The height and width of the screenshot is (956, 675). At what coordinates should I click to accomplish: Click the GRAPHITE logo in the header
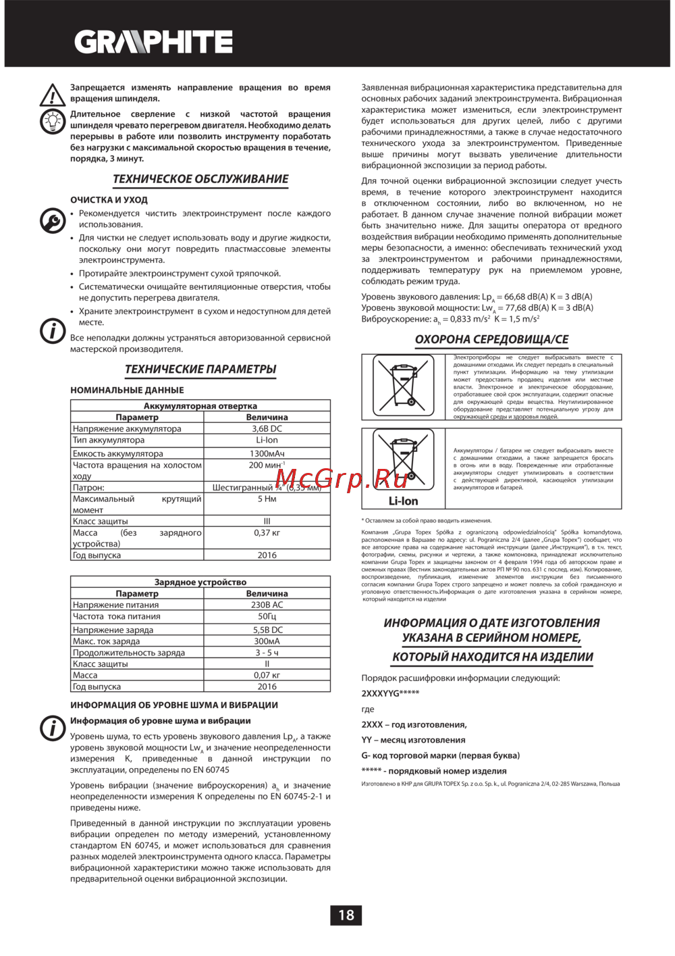coord(153,42)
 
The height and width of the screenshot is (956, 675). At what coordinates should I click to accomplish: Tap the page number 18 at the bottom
coord(346,915)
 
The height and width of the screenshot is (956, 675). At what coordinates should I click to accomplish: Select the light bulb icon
coord(53,122)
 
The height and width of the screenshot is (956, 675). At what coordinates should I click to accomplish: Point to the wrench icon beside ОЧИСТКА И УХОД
coord(53,220)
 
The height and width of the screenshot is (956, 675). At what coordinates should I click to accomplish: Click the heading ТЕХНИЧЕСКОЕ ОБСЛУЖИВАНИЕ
coord(200,179)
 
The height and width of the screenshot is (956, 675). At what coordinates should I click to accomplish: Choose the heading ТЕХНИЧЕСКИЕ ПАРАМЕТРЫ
coord(200,369)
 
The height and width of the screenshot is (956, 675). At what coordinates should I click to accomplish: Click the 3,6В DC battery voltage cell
coord(267,428)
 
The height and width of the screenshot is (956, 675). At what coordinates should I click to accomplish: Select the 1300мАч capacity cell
coord(267,453)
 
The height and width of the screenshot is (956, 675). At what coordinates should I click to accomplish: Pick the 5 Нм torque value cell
coord(267,499)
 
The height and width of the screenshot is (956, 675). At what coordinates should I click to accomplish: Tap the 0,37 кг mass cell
coord(267,532)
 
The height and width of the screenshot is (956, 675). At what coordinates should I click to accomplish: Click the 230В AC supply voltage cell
coord(267,605)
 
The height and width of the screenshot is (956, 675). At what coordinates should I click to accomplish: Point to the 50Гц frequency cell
coord(267,616)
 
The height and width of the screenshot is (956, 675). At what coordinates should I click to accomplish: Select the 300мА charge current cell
coord(267,641)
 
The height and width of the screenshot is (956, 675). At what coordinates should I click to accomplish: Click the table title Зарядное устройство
coord(200,582)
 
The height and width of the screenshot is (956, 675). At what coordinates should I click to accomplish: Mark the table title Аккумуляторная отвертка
coord(200,406)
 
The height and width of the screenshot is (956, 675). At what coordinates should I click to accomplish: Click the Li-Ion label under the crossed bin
coord(403,501)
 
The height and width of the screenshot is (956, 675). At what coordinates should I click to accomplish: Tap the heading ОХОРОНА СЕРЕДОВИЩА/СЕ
coord(491,339)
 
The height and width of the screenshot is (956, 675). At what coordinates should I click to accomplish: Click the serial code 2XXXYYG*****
coord(390,693)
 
